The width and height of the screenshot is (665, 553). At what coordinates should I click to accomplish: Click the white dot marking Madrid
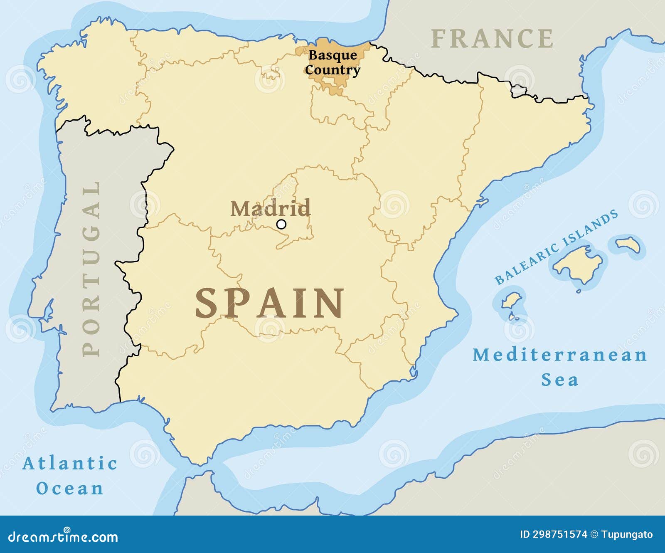[x=281, y=225]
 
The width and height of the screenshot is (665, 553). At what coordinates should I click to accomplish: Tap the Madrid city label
[x=271, y=208]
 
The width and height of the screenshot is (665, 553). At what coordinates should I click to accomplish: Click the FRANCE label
[x=492, y=39]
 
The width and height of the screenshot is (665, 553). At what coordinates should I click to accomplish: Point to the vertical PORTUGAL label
[x=91, y=269]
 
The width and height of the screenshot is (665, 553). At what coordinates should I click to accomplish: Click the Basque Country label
[x=332, y=62]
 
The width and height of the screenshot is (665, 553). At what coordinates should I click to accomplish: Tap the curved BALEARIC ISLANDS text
[x=556, y=247]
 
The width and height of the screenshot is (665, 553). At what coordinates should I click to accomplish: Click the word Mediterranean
[x=560, y=355]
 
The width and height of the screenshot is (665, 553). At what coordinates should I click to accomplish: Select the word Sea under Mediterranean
[x=559, y=380]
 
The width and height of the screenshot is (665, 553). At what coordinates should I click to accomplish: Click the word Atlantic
[x=70, y=463]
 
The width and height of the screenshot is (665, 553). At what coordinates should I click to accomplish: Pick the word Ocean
[x=70, y=488]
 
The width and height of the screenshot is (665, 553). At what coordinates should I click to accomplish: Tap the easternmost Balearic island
[x=628, y=244]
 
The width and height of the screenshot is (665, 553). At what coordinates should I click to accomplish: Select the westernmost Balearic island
[x=511, y=300]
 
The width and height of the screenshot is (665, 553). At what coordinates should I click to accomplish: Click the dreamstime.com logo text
[x=63, y=536]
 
